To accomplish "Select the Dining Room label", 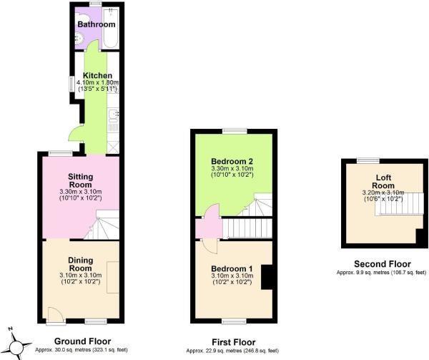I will pyautogui.click(x=81, y=265).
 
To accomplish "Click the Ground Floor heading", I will pyautogui.click(x=80, y=341).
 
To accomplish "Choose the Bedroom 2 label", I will pyautogui.click(x=233, y=161).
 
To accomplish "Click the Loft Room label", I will pyautogui.click(x=383, y=181).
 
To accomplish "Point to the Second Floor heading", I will pyautogui.click(x=381, y=263).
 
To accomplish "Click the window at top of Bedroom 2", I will pyautogui.click(x=233, y=131).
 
